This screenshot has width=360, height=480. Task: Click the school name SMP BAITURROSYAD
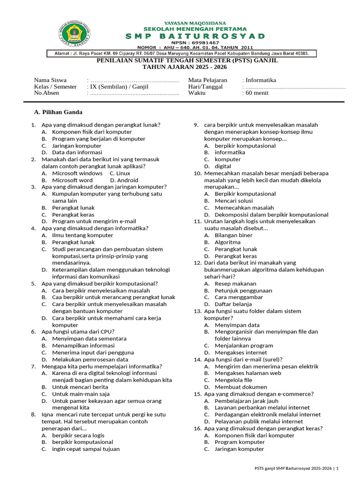[195, 36]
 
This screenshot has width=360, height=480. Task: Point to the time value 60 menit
[257, 93]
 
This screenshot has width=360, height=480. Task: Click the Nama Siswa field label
[50, 80]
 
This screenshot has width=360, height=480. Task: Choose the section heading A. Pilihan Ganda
[59, 112]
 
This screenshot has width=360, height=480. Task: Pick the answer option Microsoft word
[72, 180]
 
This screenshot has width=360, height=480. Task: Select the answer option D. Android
[124, 180]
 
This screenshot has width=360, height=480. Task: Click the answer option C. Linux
[120, 173]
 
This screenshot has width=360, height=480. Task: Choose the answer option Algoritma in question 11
[227, 242]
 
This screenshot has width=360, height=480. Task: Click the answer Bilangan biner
[233, 235]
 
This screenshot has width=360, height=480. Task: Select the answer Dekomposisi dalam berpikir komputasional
[271, 215]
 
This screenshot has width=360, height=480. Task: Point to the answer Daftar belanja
[233, 304]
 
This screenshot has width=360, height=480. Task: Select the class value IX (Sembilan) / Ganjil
[111, 87]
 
